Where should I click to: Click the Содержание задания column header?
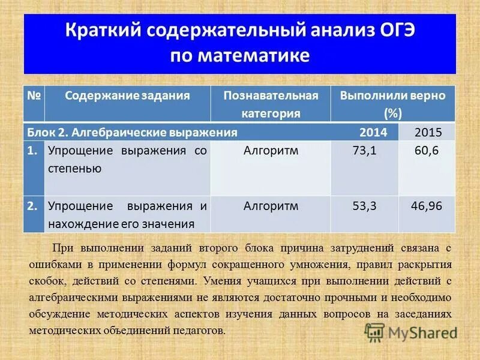tap(127, 95)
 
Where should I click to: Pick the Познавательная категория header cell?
tap(271, 104)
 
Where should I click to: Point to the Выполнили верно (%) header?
tap(392, 104)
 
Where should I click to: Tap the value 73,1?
tap(364, 151)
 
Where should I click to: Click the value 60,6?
tap(427, 151)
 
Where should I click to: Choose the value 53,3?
tap(364, 206)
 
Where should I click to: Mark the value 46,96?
tap(427, 206)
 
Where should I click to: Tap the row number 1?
tap(32, 151)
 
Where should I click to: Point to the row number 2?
tap(32, 206)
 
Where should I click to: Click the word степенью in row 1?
tap(74, 169)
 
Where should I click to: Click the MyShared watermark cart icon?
tap(374, 332)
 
